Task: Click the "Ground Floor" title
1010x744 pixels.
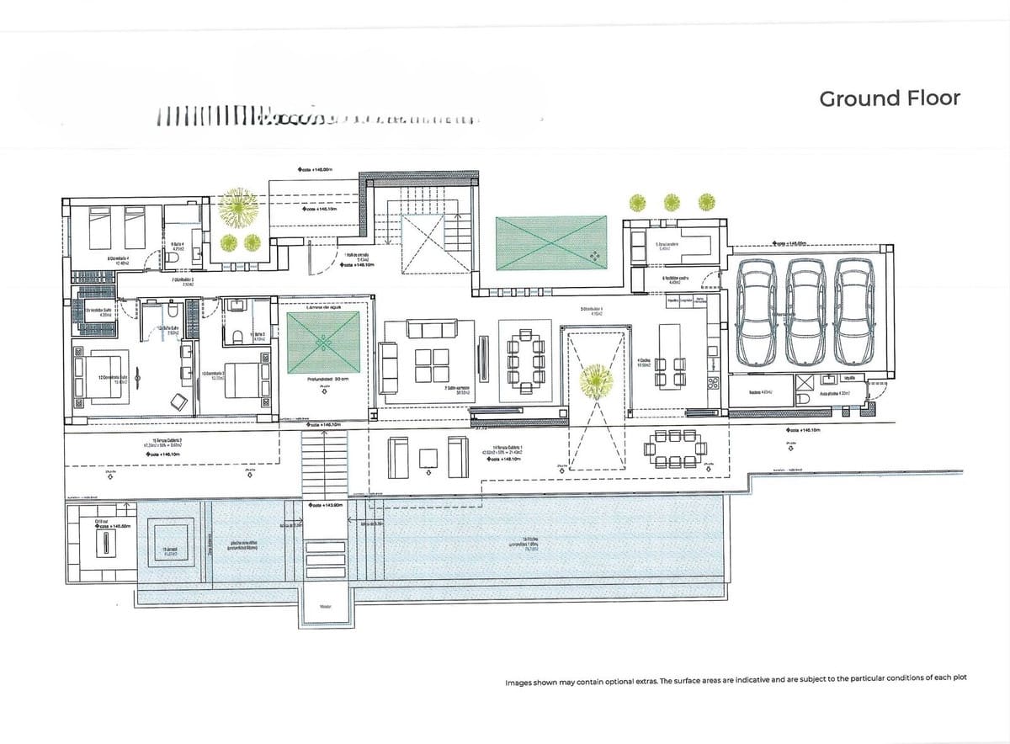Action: point(889,98)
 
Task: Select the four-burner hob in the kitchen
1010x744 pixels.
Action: point(714,380)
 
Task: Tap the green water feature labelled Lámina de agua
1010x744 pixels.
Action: point(323,338)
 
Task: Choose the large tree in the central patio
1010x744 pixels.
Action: point(597,380)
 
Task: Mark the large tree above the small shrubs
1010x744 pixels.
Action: point(240,207)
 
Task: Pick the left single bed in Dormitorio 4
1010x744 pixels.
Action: point(101,223)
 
